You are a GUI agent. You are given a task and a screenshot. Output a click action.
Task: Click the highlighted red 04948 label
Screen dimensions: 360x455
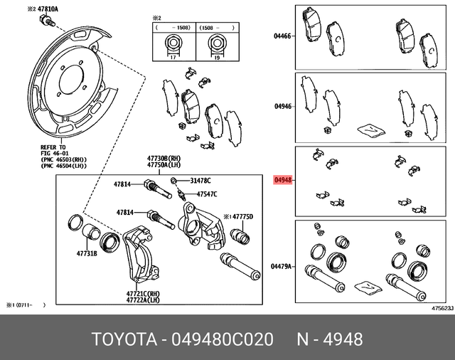tap(282, 180)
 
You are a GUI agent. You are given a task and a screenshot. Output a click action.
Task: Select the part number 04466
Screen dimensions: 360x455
tap(282, 35)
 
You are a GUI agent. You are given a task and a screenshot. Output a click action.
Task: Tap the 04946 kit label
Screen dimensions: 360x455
tap(282, 107)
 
